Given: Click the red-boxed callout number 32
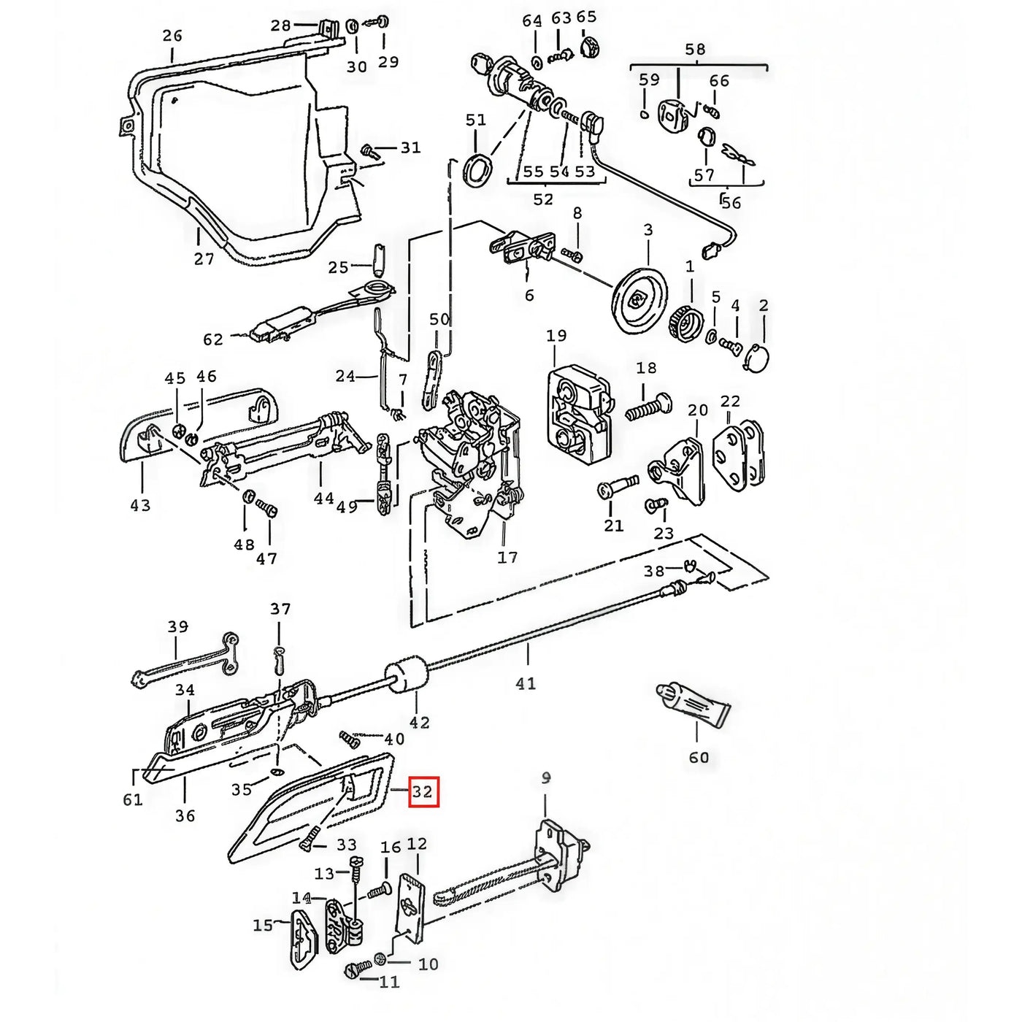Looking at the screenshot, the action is point(423,792).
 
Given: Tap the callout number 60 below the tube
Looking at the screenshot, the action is point(699,757).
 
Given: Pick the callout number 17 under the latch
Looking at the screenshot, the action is point(507,558).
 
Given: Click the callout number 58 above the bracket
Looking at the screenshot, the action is point(695,50).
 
